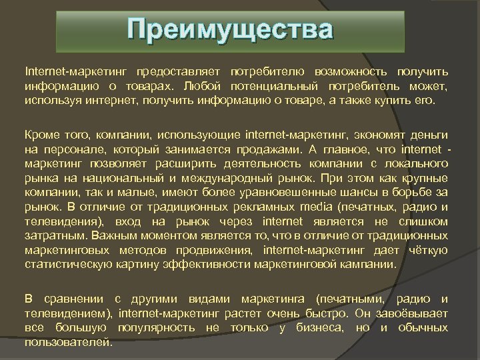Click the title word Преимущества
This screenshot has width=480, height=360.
click(230, 31)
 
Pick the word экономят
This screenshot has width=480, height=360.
click(366, 135)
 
